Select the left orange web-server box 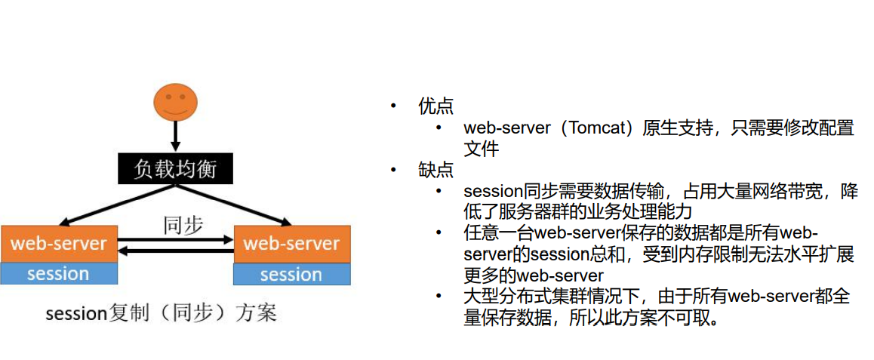click(59, 244)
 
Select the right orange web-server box click(291, 244)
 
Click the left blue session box click(59, 273)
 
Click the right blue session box click(291, 274)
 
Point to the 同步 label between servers click(183, 225)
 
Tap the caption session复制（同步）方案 click(161, 312)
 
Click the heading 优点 click(436, 106)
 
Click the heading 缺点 click(436, 171)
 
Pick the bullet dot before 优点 click(392, 106)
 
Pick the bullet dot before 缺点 click(392, 171)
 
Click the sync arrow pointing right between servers click(176, 240)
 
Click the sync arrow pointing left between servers click(176, 252)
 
